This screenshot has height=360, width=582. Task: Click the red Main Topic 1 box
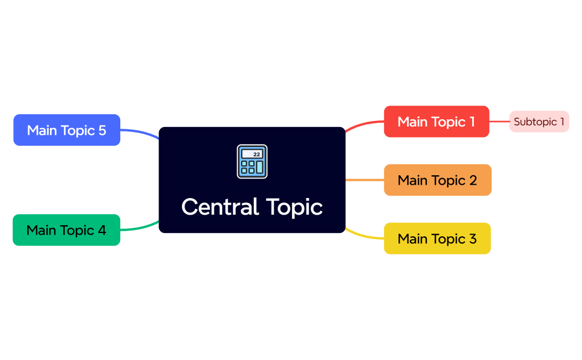(x=436, y=121)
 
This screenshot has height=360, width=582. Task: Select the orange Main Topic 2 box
(x=437, y=180)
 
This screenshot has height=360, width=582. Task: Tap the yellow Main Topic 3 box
(x=437, y=239)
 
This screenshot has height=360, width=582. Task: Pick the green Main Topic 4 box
(x=66, y=230)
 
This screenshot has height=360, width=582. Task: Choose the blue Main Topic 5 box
(x=67, y=130)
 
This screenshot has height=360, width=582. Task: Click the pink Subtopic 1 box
(x=539, y=121)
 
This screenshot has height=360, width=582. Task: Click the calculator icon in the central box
(x=252, y=161)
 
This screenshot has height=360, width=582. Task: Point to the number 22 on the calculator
(x=257, y=154)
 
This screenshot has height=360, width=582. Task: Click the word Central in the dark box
(x=220, y=207)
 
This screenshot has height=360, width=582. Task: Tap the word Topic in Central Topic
(x=294, y=208)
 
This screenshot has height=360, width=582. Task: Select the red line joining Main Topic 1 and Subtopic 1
(x=499, y=121)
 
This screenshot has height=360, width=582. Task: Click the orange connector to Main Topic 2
(x=365, y=180)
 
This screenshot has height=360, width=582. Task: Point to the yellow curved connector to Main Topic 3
(x=363, y=236)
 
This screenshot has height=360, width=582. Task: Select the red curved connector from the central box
(x=364, y=124)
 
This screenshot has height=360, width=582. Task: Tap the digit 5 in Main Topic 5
(x=102, y=130)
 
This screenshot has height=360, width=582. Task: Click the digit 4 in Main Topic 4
(x=102, y=230)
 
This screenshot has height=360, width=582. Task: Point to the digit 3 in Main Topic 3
(x=473, y=239)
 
